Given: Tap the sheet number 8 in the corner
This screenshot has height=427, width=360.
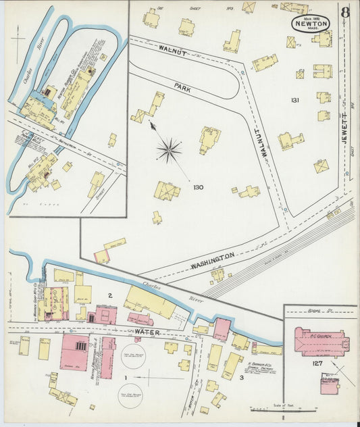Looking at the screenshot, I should coord(345,12).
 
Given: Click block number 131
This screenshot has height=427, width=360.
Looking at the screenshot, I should coord(294,100).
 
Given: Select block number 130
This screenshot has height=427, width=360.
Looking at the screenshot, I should coord(198,187).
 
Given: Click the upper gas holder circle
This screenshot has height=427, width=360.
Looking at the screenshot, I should coord(132,356).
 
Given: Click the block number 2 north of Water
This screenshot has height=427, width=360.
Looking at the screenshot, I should coord(109,296).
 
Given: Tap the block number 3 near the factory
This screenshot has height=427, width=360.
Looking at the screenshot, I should coord(241,378).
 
